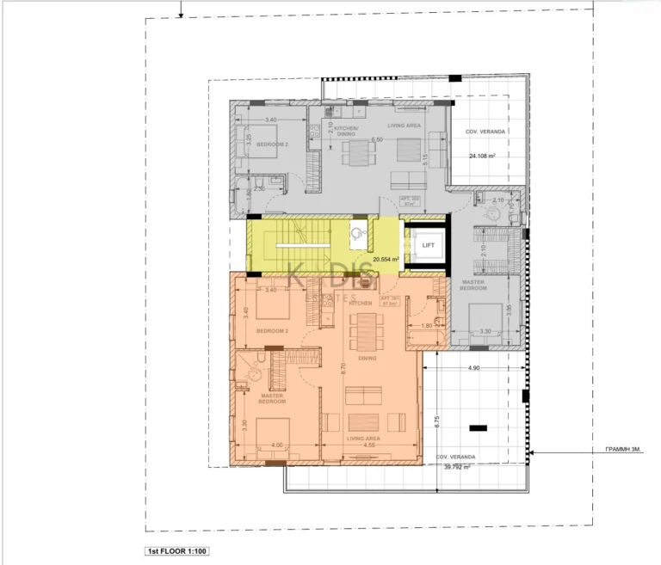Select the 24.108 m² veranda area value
coord(485,157)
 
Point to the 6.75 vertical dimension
coord(436,421)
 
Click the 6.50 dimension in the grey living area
coord(376,139)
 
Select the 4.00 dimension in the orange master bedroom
coord(276,445)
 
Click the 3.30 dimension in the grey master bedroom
coord(485,330)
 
